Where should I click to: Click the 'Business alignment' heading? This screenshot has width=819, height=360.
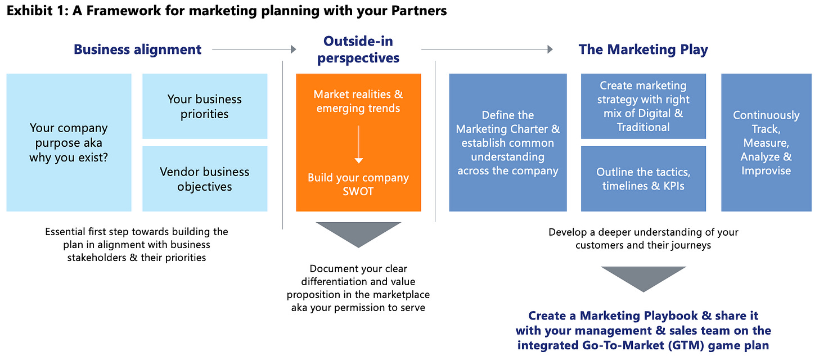(x=137, y=49)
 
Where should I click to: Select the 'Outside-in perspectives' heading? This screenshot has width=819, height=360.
(x=358, y=49)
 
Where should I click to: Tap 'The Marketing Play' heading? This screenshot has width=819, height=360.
(x=643, y=49)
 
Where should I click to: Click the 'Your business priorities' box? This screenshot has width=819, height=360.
(x=205, y=106)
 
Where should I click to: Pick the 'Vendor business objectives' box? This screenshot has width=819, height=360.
(x=205, y=179)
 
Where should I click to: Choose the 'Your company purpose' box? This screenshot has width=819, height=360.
(x=69, y=143)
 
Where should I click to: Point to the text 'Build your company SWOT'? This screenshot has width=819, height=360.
(x=358, y=184)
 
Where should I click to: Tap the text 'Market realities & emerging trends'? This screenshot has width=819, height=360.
(x=358, y=101)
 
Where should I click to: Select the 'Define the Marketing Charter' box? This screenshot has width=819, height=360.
(x=508, y=143)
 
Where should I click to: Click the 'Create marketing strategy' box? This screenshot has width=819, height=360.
(x=643, y=106)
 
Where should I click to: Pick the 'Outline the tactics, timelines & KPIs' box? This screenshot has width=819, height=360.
(x=643, y=179)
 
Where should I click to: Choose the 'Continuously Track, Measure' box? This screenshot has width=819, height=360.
(x=766, y=143)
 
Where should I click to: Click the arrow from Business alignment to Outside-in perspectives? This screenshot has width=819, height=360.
(x=254, y=49)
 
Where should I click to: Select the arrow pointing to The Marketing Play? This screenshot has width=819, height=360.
(x=487, y=49)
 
